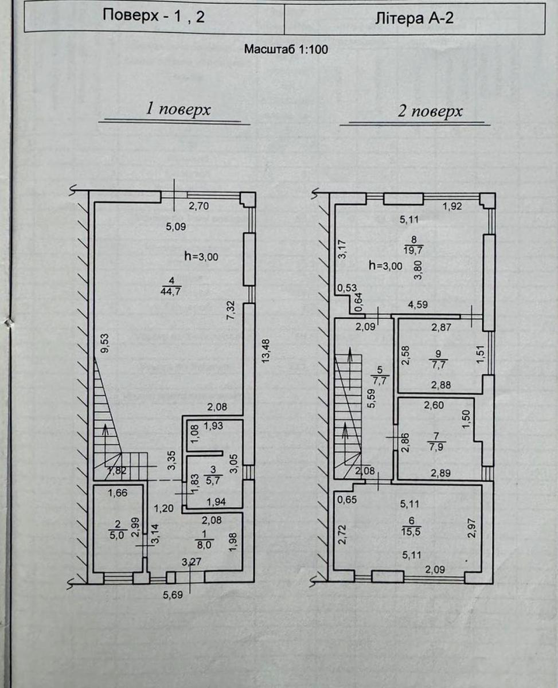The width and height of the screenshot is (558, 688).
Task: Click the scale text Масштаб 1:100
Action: (286, 49)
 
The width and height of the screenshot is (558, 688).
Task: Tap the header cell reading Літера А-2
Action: (415, 18)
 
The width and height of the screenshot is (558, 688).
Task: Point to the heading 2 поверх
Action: (430, 111)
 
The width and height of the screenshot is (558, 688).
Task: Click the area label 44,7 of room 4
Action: (170, 291)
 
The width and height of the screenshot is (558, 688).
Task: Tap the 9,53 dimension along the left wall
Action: (106, 343)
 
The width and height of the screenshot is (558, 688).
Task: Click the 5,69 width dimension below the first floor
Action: (173, 595)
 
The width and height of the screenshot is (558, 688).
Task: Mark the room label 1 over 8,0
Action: (204, 540)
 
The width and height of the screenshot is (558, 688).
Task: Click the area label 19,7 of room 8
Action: (413, 249)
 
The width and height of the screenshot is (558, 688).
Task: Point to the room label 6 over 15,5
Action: (411, 526)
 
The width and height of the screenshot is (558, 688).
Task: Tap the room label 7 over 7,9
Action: (436, 442)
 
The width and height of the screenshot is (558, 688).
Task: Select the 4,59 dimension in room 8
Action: (417, 304)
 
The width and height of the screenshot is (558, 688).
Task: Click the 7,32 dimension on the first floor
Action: (231, 311)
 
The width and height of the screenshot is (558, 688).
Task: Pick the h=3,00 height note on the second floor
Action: (386, 266)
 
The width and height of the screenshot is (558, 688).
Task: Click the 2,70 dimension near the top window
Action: (199, 206)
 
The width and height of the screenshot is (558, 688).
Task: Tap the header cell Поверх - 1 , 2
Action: (154, 16)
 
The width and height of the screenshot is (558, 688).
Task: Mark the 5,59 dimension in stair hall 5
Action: (372, 398)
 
